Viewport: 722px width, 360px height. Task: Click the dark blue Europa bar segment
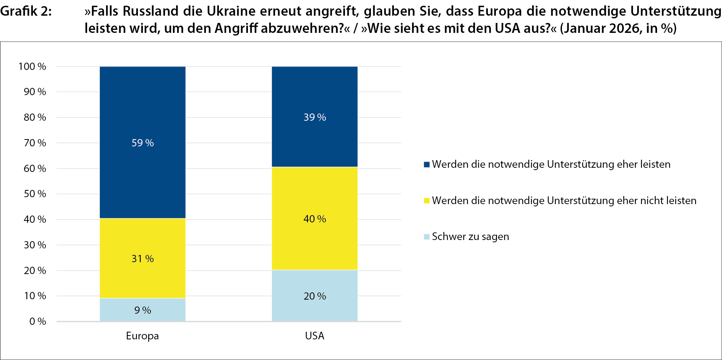(x=142, y=115)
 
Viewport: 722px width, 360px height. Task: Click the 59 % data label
(x=142, y=143)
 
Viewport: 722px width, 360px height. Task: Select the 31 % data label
(x=142, y=259)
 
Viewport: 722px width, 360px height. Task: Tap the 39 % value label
(x=314, y=117)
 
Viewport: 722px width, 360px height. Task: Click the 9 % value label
(x=142, y=310)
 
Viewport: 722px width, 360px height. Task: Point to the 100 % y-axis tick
(x=32, y=66)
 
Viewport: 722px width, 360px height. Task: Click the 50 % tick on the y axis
(x=35, y=194)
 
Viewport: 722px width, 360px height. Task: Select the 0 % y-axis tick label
(x=37, y=321)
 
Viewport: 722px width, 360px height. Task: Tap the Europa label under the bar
(x=142, y=336)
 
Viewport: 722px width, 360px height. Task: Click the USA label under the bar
(x=314, y=336)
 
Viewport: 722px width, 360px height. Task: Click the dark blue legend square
(x=427, y=164)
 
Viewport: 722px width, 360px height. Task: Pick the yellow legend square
(x=427, y=201)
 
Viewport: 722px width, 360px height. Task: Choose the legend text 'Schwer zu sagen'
(x=470, y=237)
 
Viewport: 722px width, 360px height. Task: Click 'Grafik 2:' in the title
(x=26, y=11)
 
